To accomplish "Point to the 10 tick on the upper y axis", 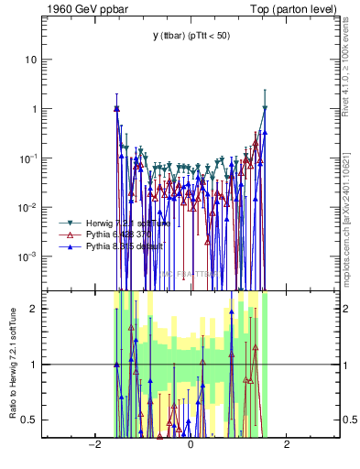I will [x=31, y=60].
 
